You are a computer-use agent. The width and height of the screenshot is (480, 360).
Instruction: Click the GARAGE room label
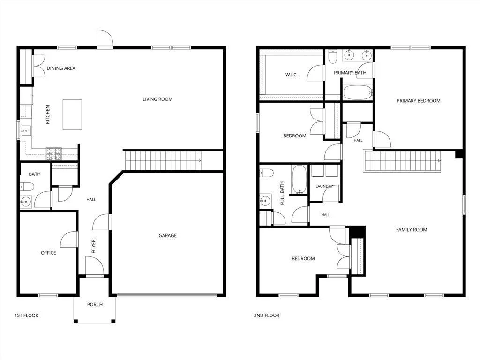pos(167,235)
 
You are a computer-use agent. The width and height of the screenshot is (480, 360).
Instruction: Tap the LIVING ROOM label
pos(157,99)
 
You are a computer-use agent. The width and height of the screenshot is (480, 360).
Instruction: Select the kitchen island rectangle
pos(72,114)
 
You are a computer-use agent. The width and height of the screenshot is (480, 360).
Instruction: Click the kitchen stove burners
pos(53,154)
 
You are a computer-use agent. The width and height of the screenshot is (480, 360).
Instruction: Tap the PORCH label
pos(95,304)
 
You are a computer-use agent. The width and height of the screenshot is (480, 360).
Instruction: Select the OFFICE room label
pos(48,253)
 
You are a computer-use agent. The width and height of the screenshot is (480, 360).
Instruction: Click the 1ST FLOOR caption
pos(26,315)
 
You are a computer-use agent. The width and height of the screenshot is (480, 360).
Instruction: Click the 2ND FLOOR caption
pos(267,315)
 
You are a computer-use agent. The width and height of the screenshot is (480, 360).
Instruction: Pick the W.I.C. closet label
pos(292,75)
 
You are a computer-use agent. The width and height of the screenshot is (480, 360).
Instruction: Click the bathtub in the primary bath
pos(357,92)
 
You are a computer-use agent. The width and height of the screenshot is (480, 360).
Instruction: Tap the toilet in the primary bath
pos(332,57)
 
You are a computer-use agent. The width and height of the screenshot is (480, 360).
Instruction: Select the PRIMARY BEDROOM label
pos(419,101)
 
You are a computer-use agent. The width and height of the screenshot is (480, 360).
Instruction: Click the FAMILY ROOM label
pos(412,230)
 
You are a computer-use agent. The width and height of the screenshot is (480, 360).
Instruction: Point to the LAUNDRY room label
pos(324,186)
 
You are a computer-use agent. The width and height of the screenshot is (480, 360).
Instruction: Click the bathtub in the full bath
pos(299,180)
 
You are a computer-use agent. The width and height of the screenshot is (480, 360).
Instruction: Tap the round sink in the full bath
pos(265,201)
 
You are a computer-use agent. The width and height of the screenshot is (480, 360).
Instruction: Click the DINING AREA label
pos(61,68)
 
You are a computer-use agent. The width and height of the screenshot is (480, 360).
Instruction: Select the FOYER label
pos(94,246)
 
